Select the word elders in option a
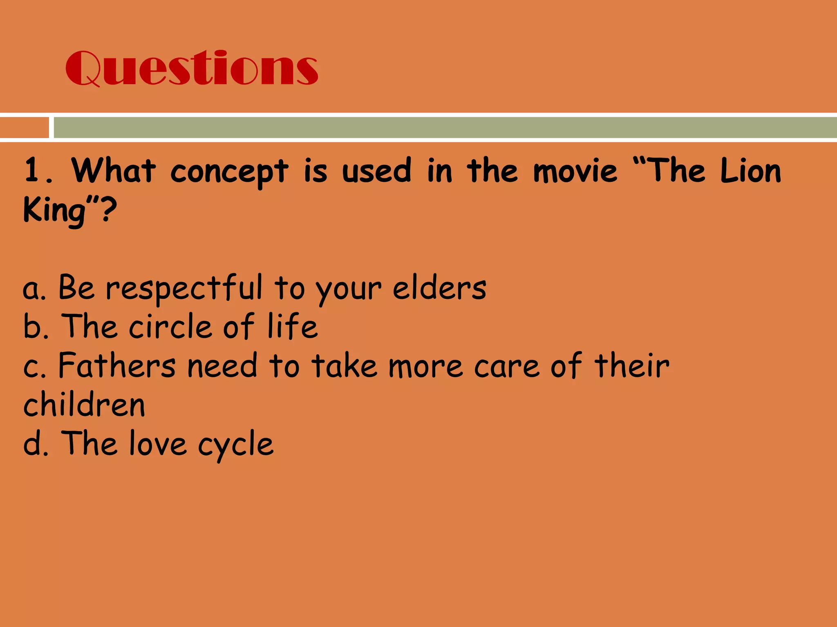pos(439,288)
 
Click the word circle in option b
pos(170,327)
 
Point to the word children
pos(84,405)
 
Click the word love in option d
pos(158,443)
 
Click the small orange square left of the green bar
pos(24,127)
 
